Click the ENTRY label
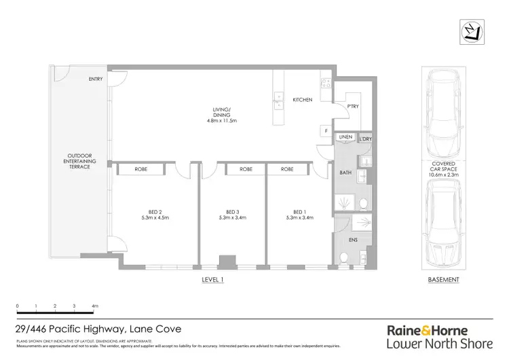click(x=96, y=79)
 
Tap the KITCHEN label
click(x=302, y=100)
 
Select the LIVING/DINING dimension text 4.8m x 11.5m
click(x=221, y=121)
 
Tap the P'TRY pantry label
click(x=353, y=107)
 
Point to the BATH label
click(x=345, y=173)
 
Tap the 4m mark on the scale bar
click(x=95, y=306)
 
